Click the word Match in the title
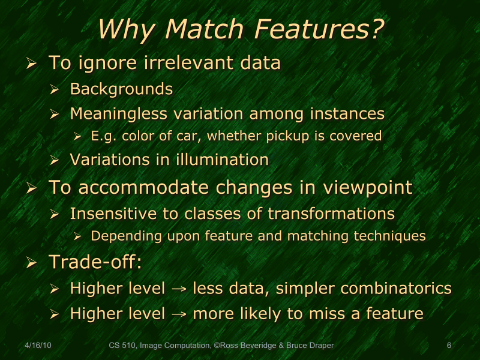tap(197, 29)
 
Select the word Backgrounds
tap(121, 89)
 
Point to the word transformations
tap(331, 213)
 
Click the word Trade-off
tap(95, 262)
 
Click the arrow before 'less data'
tap(179, 289)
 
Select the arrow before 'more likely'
tap(179, 314)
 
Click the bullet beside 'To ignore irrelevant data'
tap(32, 63)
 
